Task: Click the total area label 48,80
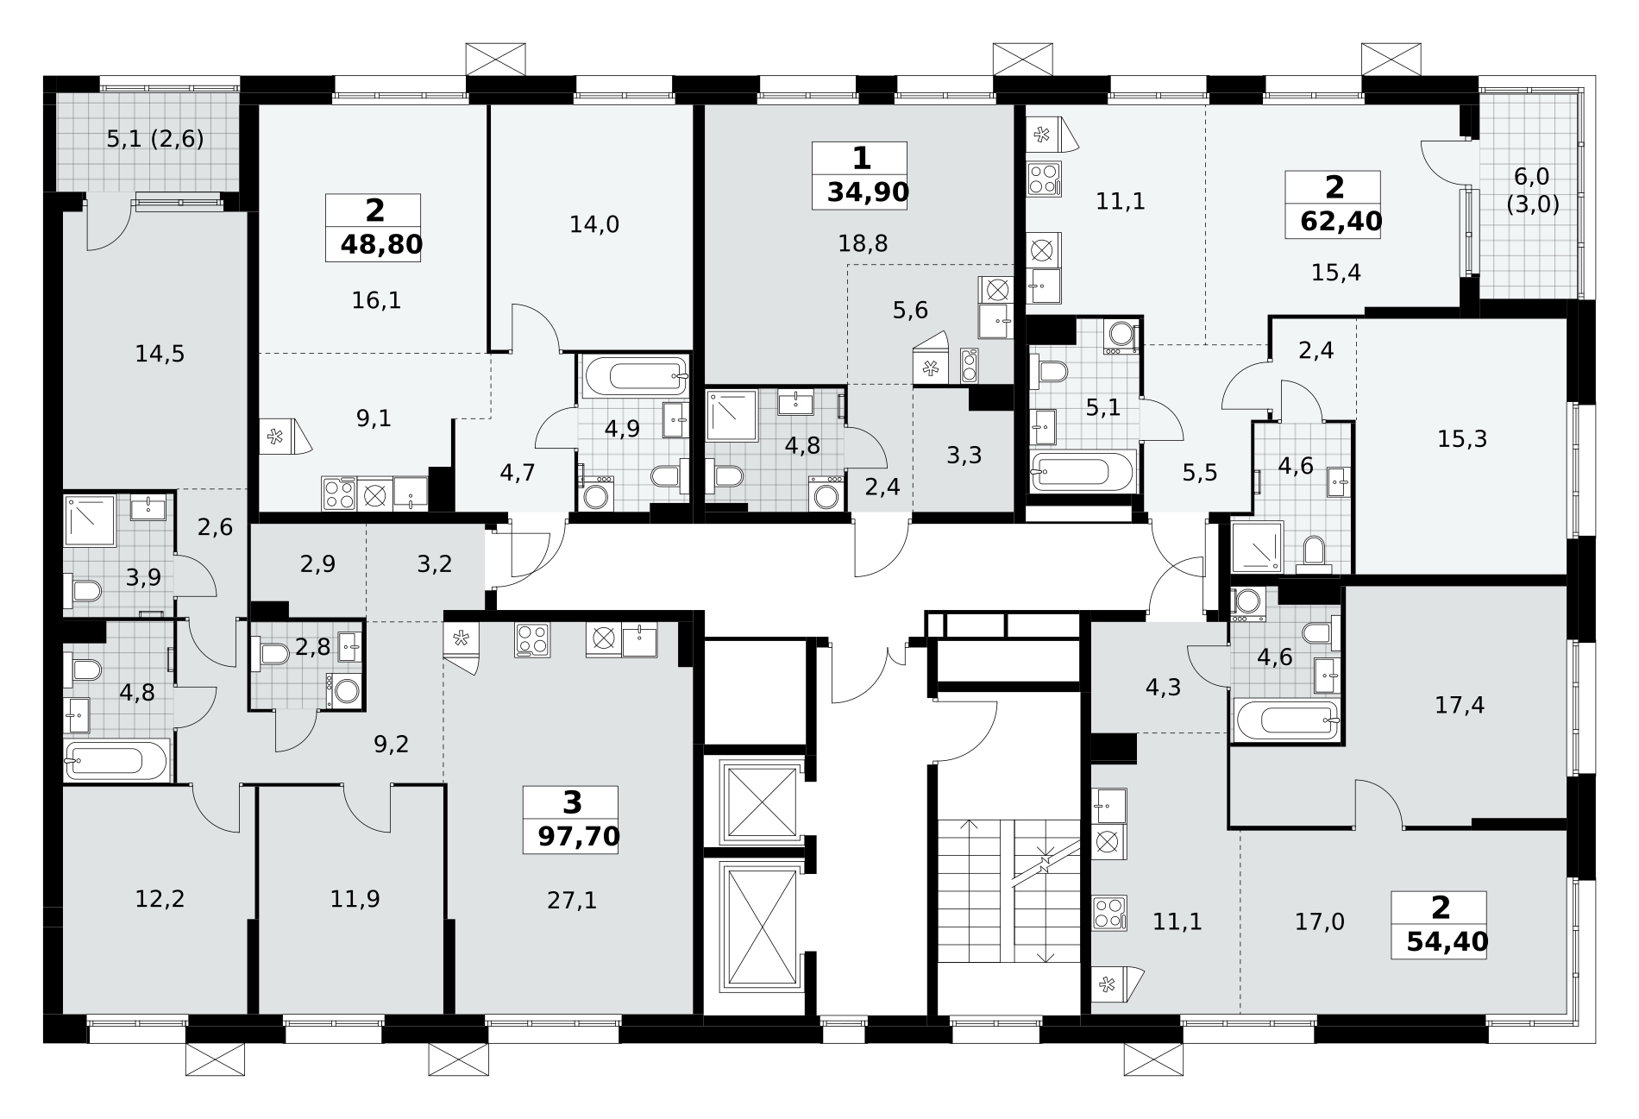(381, 245)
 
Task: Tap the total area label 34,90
(868, 192)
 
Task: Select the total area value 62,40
(1341, 222)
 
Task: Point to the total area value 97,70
(578, 836)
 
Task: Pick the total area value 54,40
(1447, 941)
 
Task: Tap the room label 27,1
(572, 901)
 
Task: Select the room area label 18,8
(863, 244)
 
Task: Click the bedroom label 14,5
(160, 354)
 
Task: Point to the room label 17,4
(1460, 706)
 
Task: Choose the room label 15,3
(1462, 439)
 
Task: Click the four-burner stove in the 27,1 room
(532, 640)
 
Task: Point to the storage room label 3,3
(964, 455)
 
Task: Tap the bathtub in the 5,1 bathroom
(1083, 472)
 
